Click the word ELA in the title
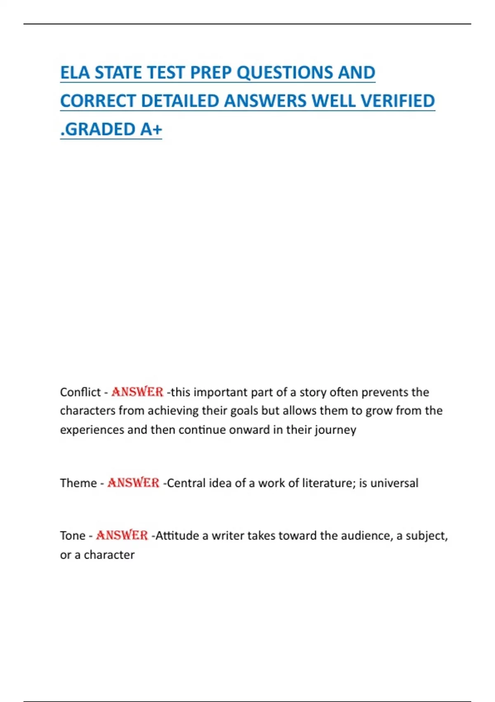(75, 73)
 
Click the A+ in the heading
(151, 129)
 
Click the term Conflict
(80, 392)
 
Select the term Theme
(78, 483)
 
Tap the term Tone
(73, 536)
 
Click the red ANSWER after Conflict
(137, 392)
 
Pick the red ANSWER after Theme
(133, 483)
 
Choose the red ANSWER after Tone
(122, 536)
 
